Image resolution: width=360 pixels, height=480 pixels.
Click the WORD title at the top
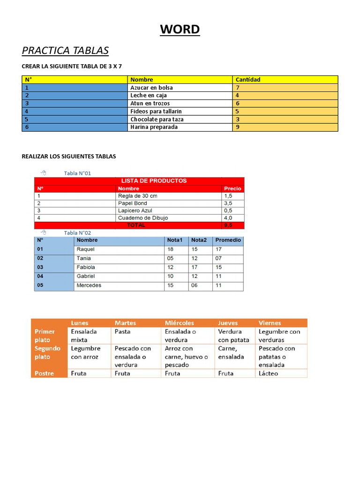[x=180, y=30]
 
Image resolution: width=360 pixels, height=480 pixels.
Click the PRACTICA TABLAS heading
[x=65, y=50]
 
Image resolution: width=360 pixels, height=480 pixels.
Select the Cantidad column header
[x=248, y=80]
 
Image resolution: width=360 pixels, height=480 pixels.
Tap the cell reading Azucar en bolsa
[x=151, y=88]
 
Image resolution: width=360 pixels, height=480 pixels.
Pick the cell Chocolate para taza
[x=157, y=119]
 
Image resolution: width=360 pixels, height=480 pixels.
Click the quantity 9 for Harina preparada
[x=238, y=127]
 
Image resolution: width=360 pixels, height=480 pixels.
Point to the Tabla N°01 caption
[x=77, y=173]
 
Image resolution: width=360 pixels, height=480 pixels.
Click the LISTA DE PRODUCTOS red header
[x=154, y=180]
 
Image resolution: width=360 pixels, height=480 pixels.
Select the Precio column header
[x=232, y=188]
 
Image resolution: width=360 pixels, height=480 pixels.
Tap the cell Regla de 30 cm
[x=137, y=196]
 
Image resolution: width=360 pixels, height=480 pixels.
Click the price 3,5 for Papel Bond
[x=228, y=203]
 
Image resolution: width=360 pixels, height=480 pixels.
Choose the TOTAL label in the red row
[x=136, y=225]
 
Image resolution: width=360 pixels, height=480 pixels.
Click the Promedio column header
[x=228, y=240]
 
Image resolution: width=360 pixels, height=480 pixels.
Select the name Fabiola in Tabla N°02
[x=86, y=267]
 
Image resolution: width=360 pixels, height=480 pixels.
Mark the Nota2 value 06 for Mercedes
[x=195, y=285]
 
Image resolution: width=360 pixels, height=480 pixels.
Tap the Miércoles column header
[x=180, y=323]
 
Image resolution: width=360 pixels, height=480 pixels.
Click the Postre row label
[x=44, y=374]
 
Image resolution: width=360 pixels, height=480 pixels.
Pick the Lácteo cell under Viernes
[x=268, y=374]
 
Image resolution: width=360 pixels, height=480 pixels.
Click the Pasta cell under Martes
[x=122, y=331]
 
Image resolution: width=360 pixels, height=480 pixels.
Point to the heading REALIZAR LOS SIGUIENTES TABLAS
[x=69, y=156]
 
